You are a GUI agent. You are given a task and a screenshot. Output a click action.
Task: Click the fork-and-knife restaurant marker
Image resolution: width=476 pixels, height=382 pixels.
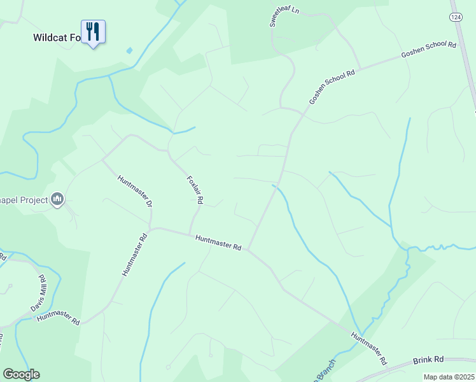point(93,32)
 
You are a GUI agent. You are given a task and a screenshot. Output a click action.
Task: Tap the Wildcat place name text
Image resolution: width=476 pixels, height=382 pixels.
point(57,38)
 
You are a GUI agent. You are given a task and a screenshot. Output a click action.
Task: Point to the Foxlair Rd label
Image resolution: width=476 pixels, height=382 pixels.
point(195,190)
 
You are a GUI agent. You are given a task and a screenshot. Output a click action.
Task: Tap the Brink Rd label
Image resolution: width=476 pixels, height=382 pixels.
point(428,360)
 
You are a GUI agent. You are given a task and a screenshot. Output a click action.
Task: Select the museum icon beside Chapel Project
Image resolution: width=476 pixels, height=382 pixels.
point(58,200)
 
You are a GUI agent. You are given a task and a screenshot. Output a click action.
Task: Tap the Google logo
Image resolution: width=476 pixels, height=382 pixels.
point(21,374)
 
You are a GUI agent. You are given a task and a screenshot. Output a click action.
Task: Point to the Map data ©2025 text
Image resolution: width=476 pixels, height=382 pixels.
point(448,377)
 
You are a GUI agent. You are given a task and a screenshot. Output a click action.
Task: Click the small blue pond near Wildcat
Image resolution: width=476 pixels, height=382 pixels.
point(130,50)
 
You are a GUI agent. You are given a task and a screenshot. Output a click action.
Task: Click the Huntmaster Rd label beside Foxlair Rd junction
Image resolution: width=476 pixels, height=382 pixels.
point(218,243)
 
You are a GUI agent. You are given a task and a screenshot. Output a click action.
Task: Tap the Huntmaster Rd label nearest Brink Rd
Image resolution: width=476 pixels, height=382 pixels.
point(369,349)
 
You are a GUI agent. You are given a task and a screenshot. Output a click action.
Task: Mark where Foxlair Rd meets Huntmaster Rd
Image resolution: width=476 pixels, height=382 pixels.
point(190,234)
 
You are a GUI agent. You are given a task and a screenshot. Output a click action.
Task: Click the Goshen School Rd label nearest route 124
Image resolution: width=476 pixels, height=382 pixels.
point(429,51)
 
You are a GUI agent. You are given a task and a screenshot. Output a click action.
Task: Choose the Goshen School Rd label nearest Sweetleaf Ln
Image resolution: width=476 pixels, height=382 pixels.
point(332,87)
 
